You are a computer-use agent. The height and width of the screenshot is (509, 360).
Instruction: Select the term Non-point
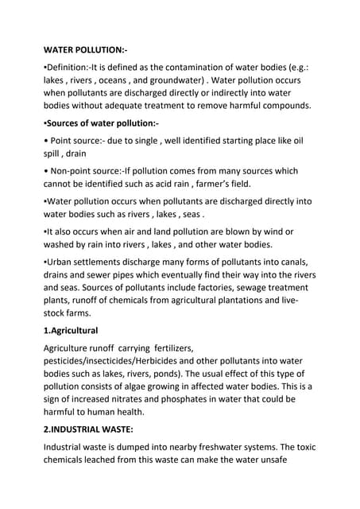point(79,171)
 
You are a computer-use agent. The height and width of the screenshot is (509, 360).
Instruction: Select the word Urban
point(64,261)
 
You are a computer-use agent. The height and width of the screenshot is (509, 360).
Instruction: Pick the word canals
point(290,261)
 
